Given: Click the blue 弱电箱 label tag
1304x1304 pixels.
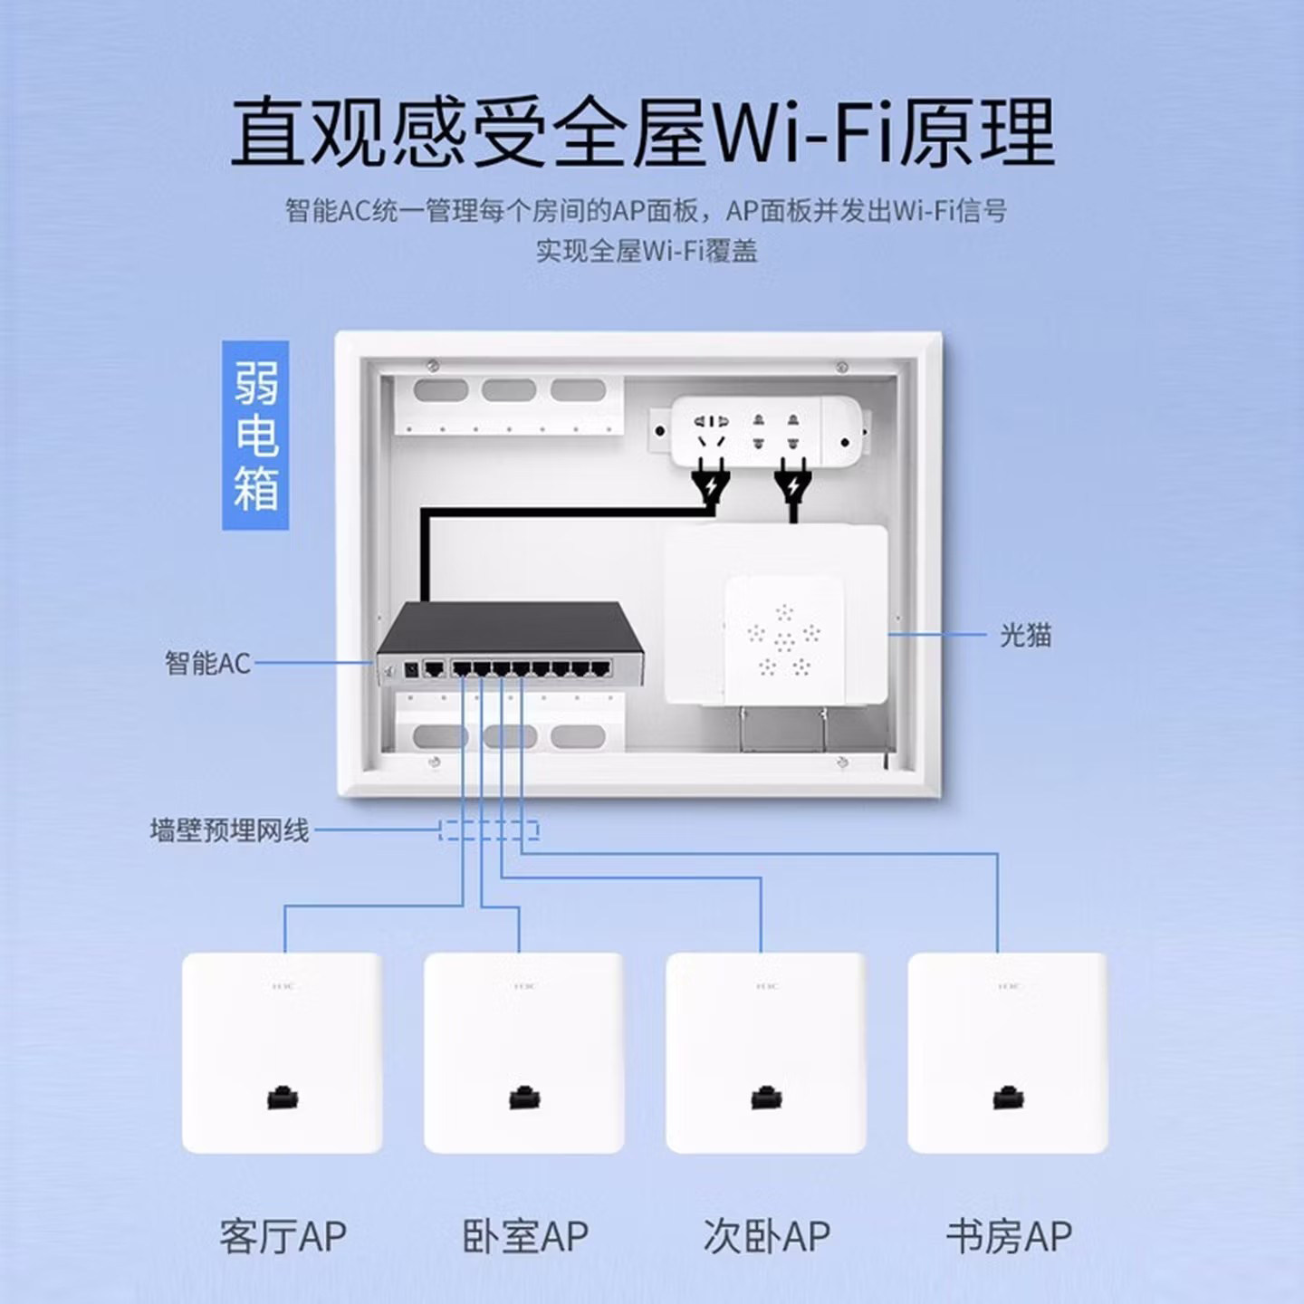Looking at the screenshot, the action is coord(255,435).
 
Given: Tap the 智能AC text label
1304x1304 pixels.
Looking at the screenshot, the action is coord(206,663).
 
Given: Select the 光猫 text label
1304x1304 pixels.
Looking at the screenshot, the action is coord(1025,635).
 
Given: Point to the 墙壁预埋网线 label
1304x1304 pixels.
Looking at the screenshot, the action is coord(229,829).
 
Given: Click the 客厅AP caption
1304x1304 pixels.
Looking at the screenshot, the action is coord(283,1236).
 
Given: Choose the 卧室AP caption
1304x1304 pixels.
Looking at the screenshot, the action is coord(525,1236).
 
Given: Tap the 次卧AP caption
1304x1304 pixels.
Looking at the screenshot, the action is coord(766,1236).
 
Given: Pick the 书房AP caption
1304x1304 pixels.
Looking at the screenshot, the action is coord(1009,1236).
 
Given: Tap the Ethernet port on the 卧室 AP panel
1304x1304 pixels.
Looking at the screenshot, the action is coord(524,1098).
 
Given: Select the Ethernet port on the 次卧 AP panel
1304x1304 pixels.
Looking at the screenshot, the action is coord(766,1098).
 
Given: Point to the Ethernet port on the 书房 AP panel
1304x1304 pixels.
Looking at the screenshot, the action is coord(1008,1098).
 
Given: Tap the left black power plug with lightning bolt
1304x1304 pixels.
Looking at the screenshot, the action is coord(711,487).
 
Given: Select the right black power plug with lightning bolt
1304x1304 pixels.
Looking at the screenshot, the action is coord(793,487).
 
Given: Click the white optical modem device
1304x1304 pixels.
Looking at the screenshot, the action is coord(777,616).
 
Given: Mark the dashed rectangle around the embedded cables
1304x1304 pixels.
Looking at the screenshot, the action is coord(489,829).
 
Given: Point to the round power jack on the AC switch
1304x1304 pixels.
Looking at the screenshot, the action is coord(409,670).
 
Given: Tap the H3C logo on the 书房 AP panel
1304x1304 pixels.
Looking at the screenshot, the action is coord(1008,985).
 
